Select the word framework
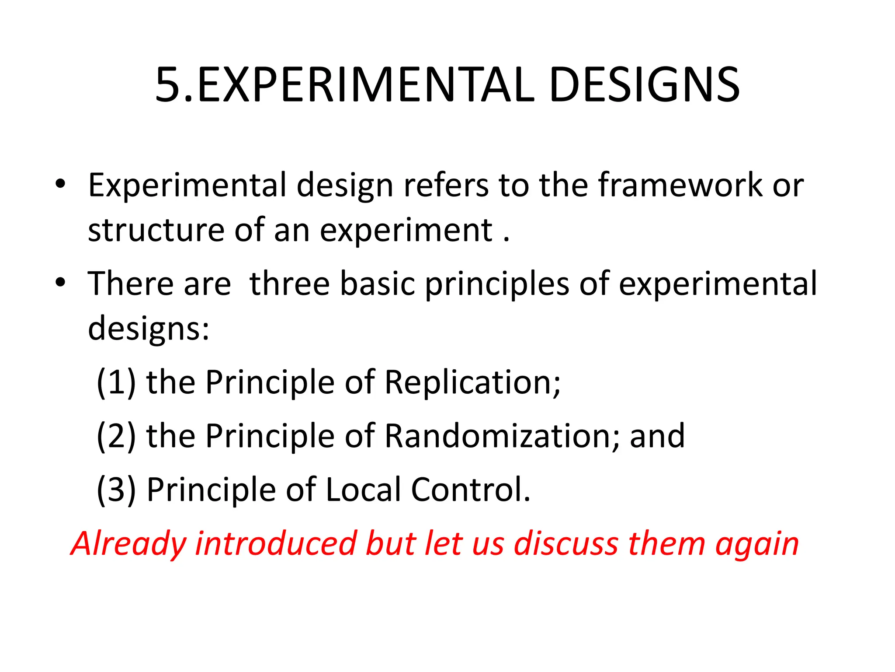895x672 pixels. coord(680,185)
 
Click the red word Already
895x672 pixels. coord(128,544)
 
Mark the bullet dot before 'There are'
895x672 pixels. coord(60,283)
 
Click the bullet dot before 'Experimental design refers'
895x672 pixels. coord(60,184)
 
